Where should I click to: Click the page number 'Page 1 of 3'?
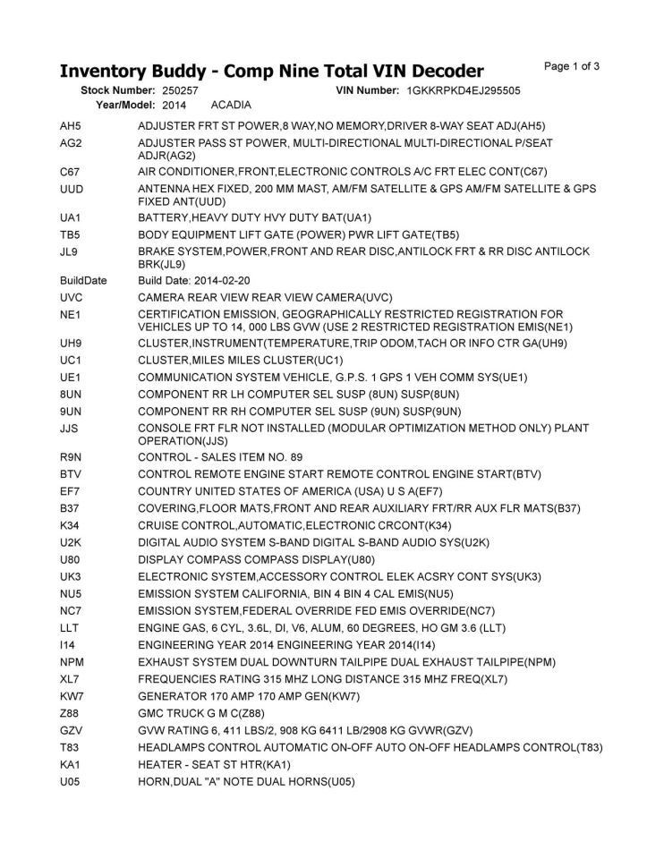572,66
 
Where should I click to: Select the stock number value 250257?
181,91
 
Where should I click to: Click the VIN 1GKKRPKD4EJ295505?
464,91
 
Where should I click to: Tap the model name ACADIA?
231,106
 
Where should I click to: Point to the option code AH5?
70,126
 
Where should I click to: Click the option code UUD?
72,189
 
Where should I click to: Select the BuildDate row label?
83,281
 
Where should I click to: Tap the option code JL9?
70,251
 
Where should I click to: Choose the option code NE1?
71,314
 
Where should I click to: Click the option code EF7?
70,491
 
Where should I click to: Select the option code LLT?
70,628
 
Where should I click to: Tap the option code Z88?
70,713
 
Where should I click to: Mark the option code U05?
71,781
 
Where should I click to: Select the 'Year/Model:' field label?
126,106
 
